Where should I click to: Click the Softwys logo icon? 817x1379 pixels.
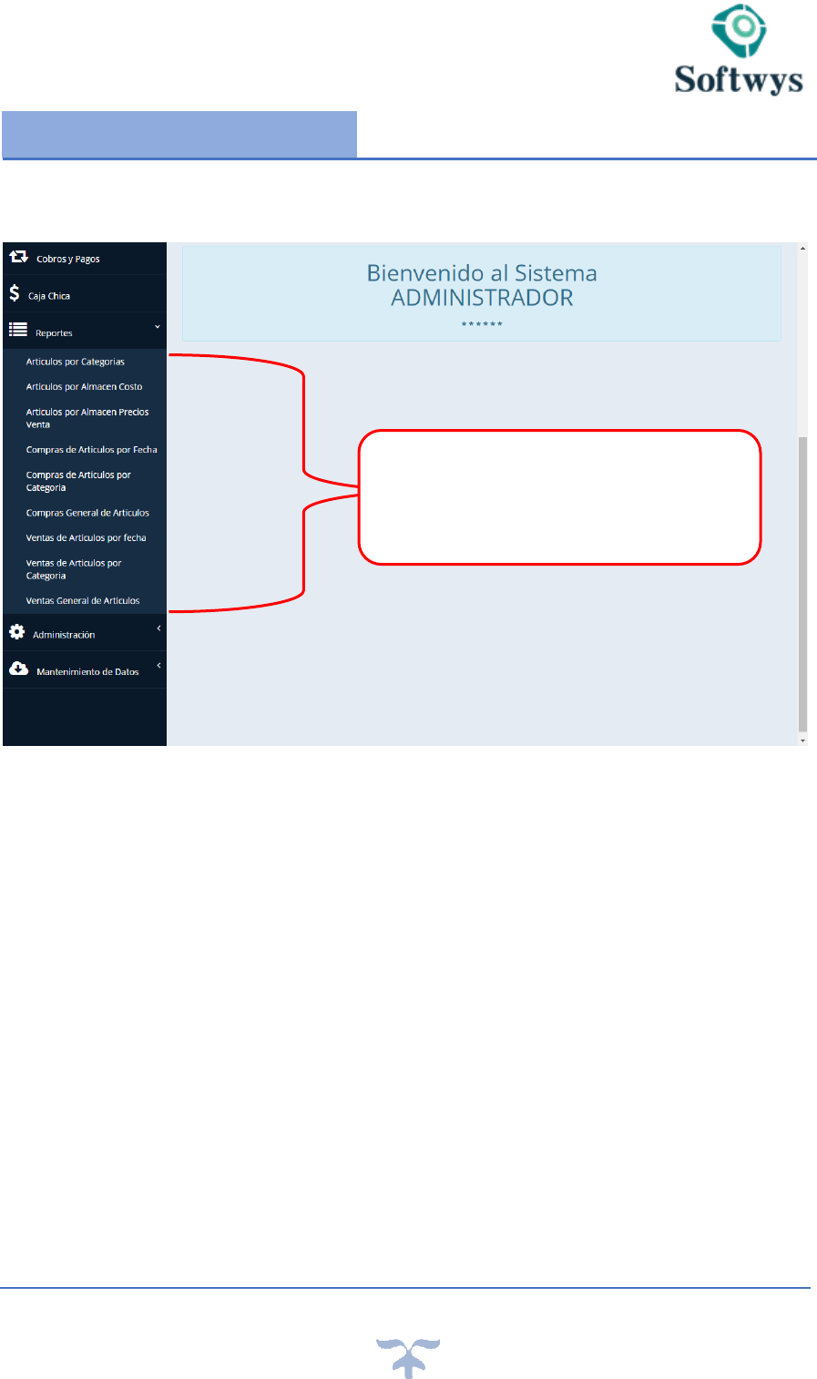(739, 31)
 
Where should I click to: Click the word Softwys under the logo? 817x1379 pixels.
(739, 79)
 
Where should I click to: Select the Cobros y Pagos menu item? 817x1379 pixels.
(67, 259)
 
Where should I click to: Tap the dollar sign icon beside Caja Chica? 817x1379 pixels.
(15, 293)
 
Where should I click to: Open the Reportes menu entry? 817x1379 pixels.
(54, 332)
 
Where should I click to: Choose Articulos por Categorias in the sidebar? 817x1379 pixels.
(75, 362)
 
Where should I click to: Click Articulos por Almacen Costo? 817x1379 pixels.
(84, 386)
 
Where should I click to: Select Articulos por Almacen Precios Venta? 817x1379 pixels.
(87, 418)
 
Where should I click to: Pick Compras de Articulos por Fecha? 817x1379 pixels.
(91, 449)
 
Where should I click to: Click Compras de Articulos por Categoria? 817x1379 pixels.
(78, 481)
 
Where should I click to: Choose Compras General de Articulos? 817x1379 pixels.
(87, 513)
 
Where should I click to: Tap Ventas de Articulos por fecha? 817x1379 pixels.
(86, 537)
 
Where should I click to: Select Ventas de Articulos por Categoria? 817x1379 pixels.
(73, 569)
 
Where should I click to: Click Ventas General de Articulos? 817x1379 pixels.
(83, 600)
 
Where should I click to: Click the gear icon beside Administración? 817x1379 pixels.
(16, 631)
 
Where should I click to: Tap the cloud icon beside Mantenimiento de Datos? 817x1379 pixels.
(18, 669)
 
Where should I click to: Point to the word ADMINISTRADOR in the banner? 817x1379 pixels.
(482, 298)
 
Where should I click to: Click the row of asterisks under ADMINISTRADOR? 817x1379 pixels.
(482, 324)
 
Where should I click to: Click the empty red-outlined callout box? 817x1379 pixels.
(559, 497)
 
